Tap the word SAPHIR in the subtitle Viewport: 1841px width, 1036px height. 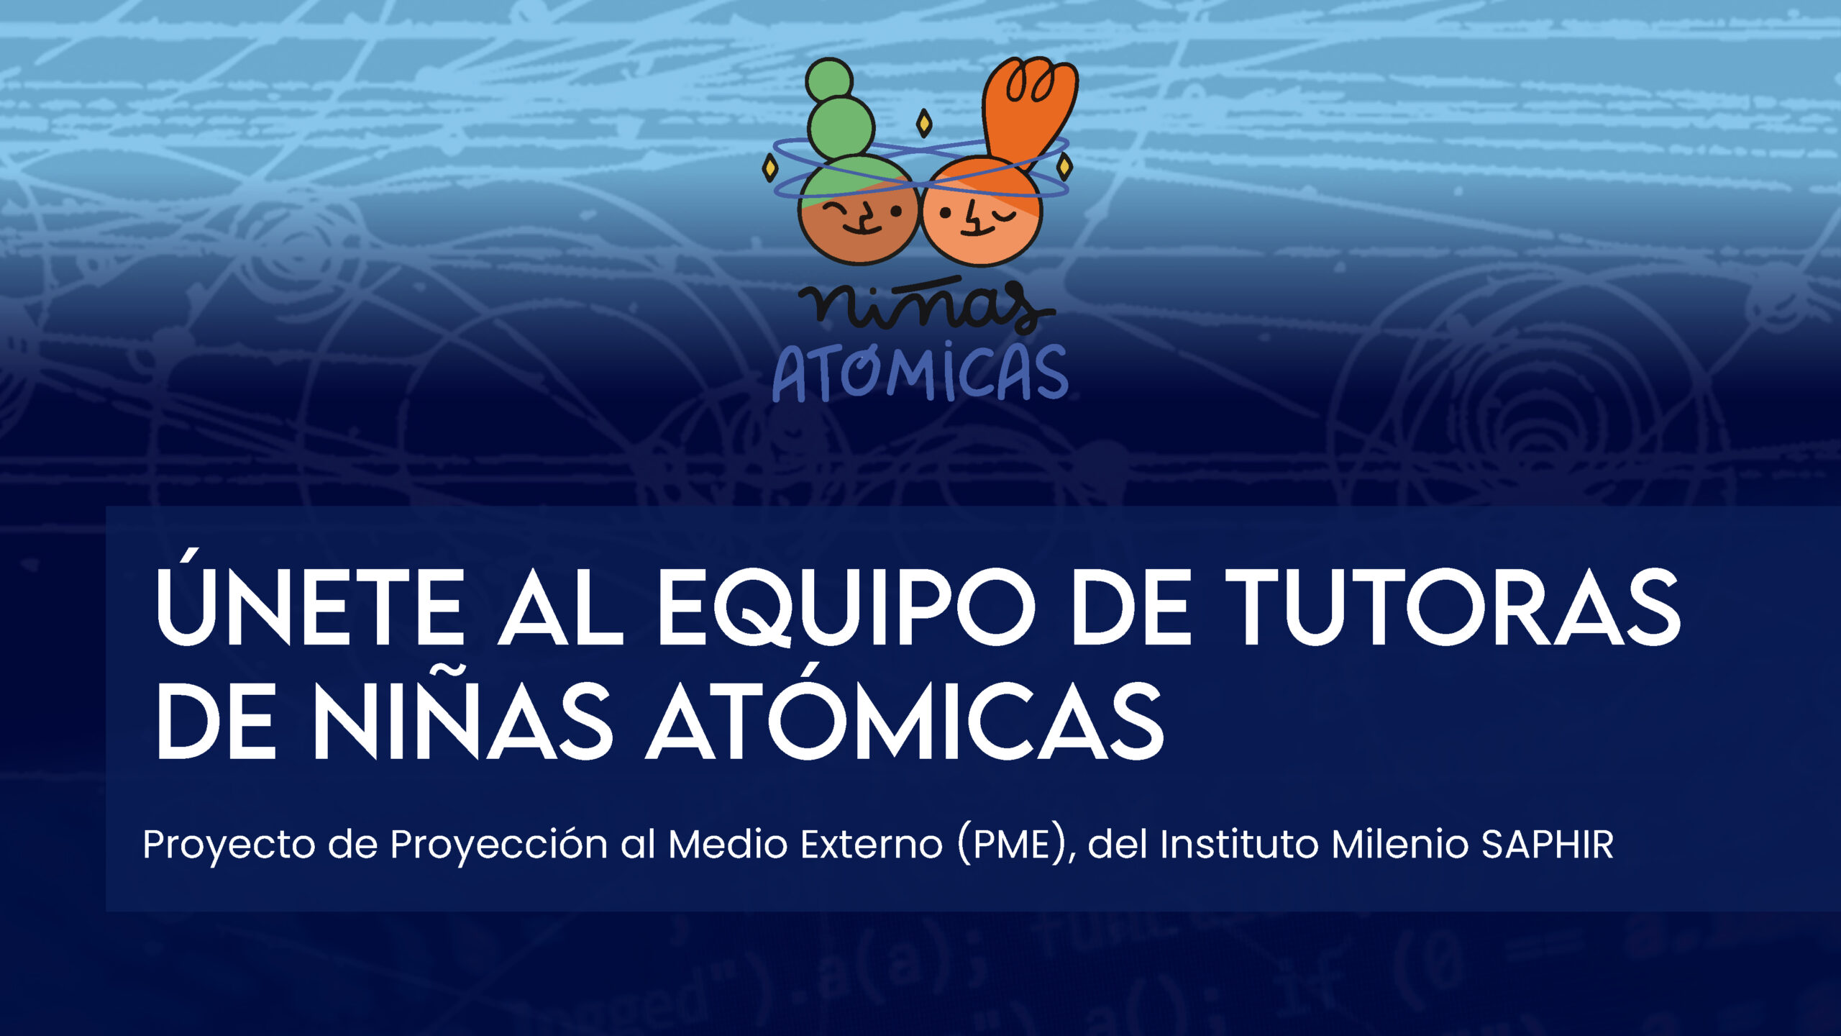pyautogui.click(x=1547, y=844)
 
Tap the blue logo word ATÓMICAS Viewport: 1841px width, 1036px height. pyautogui.click(x=920, y=373)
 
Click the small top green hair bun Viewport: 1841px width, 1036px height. pyautogui.click(x=829, y=80)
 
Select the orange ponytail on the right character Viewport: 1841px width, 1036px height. pyautogui.click(x=1030, y=115)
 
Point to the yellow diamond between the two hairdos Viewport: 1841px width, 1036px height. pyautogui.click(x=924, y=123)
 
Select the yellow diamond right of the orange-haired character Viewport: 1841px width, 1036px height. pyautogui.click(x=1064, y=167)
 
